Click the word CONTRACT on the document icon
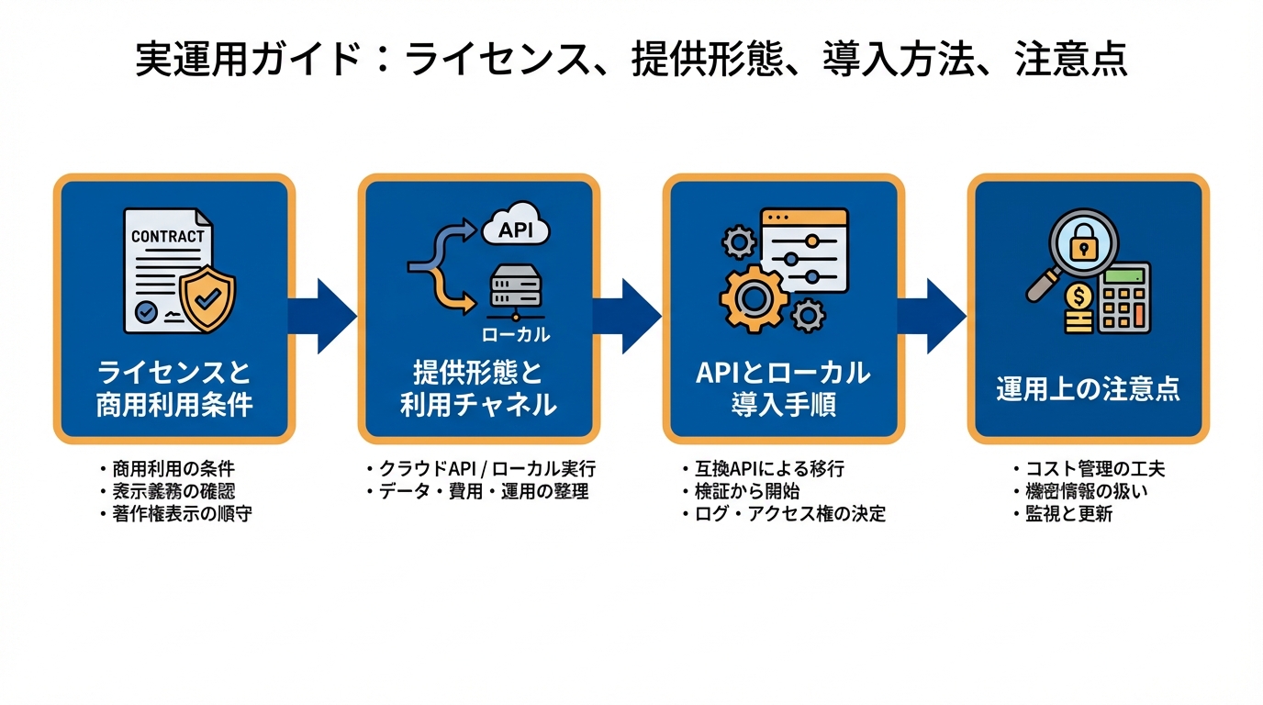[168, 236]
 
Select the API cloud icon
[515, 227]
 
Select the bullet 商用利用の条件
[173, 469]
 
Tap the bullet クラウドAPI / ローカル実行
[480, 469]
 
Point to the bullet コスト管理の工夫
[1089, 469]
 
